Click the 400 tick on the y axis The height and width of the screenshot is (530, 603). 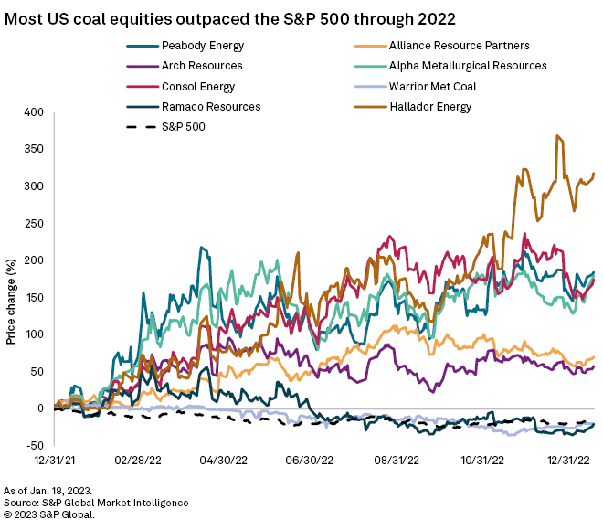coord(34,112)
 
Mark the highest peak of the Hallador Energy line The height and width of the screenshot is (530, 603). coord(556,136)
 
